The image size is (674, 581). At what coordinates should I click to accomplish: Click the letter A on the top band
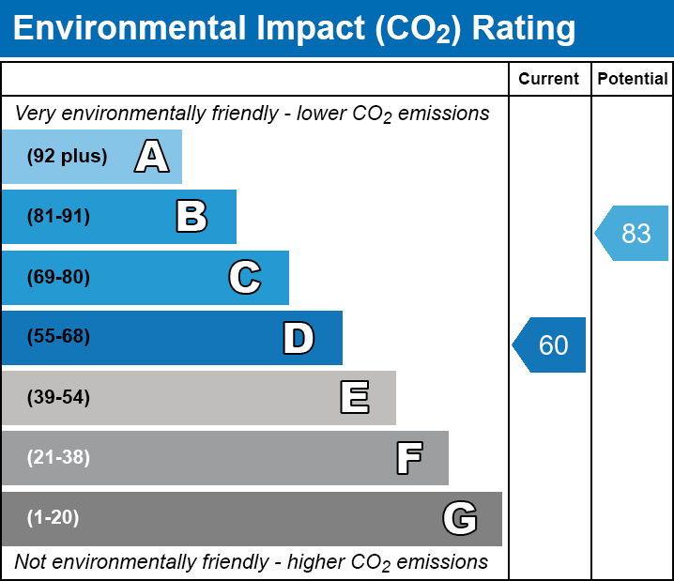click(152, 157)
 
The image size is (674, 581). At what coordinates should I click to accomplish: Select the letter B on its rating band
click(191, 217)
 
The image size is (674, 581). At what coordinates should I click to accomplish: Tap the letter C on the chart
click(244, 278)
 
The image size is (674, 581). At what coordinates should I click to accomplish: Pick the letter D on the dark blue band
click(299, 338)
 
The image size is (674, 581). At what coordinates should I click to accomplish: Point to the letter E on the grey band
click(354, 398)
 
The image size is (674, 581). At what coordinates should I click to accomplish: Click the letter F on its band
click(408, 458)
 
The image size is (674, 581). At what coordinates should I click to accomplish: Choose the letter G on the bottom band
click(460, 518)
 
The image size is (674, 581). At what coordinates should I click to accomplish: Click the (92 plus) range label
click(67, 157)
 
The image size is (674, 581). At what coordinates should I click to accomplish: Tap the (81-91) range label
click(58, 217)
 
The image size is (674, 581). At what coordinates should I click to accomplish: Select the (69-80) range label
click(58, 278)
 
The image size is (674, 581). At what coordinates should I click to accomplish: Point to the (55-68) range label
click(58, 337)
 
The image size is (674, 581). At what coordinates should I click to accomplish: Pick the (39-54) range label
click(58, 398)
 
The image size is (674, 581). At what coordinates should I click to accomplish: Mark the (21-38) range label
click(58, 458)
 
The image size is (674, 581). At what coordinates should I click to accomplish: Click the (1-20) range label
click(54, 518)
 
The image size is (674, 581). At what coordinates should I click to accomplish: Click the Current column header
click(549, 80)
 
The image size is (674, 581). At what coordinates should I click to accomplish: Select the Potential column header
click(633, 80)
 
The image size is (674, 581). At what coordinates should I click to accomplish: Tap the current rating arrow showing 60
click(550, 345)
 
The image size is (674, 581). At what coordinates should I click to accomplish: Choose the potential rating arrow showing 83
click(633, 233)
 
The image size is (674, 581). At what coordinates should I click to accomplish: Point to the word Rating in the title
click(523, 29)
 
